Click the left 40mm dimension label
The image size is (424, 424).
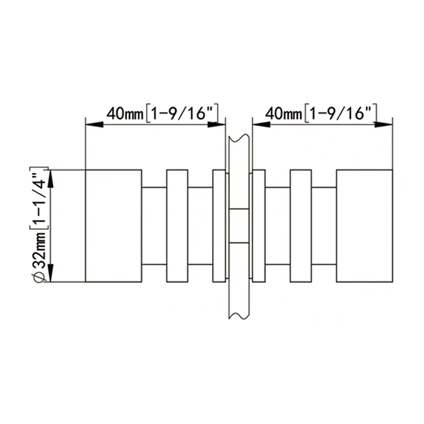click(162, 113)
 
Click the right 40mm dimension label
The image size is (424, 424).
click(321, 113)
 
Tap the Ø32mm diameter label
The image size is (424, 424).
click(39, 224)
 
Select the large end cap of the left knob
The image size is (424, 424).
click(113, 226)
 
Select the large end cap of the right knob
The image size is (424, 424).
click(365, 226)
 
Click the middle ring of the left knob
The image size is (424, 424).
click(177, 226)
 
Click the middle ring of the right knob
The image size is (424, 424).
click(301, 226)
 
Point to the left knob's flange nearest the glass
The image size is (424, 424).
click(219, 226)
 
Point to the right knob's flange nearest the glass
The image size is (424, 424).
click(259, 226)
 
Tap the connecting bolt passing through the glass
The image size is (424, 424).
click(239, 226)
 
